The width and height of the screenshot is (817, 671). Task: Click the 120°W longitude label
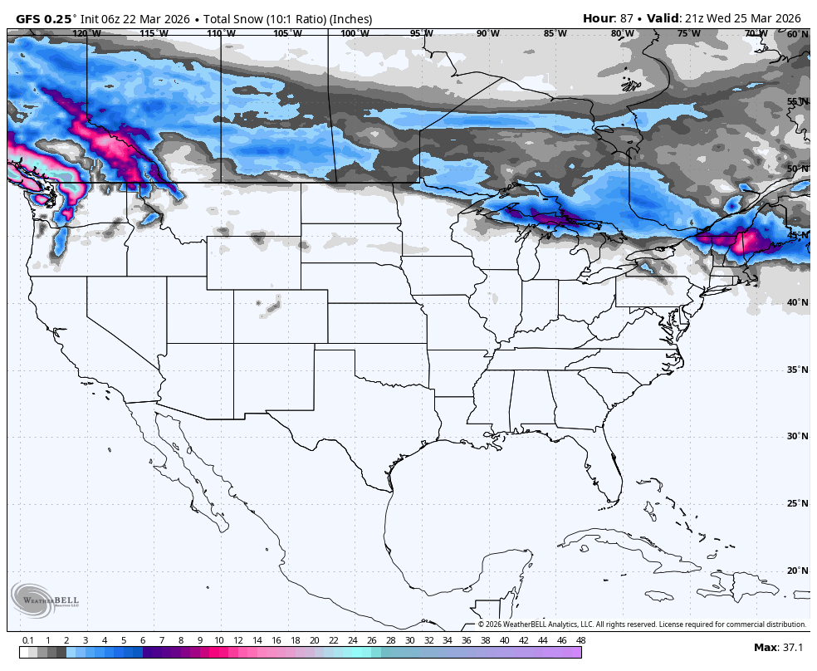point(86,33)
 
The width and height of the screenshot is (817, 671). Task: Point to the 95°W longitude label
point(421,33)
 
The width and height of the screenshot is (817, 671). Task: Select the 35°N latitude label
point(797,370)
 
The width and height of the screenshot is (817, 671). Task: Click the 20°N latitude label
point(797,571)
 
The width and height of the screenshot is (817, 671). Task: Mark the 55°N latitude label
point(797,102)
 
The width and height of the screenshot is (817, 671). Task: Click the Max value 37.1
point(791,648)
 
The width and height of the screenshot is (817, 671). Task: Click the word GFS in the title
point(30,18)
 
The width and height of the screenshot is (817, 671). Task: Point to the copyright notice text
point(642,624)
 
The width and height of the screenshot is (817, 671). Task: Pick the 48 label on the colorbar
point(580,640)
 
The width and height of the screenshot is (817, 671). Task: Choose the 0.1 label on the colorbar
point(27,640)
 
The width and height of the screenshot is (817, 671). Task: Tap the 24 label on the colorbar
point(352,640)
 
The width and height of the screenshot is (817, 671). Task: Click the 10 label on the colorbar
point(218,640)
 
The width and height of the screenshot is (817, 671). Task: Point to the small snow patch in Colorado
point(272,308)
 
